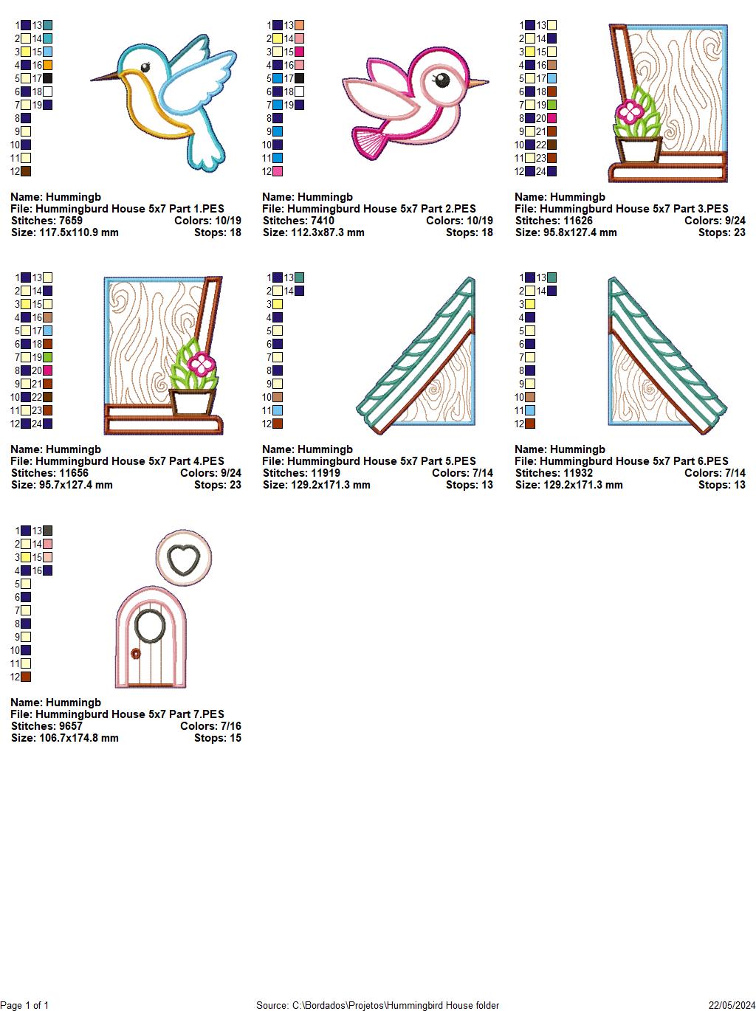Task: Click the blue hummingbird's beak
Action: click(103, 77)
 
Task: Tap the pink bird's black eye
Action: click(441, 80)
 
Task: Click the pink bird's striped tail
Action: click(370, 141)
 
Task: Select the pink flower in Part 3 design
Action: click(630, 112)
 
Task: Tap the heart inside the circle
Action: click(184, 559)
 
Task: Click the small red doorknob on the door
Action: click(135, 653)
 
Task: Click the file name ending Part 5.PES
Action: click(369, 461)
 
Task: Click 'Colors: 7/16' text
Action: click(210, 726)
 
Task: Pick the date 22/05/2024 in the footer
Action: click(731, 1005)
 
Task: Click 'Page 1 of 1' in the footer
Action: click(25, 1005)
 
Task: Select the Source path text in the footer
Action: click(377, 1005)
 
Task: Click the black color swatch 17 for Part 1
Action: click(48, 78)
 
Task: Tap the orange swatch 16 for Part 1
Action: click(48, 65)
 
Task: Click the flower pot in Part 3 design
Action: click(639, 149)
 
